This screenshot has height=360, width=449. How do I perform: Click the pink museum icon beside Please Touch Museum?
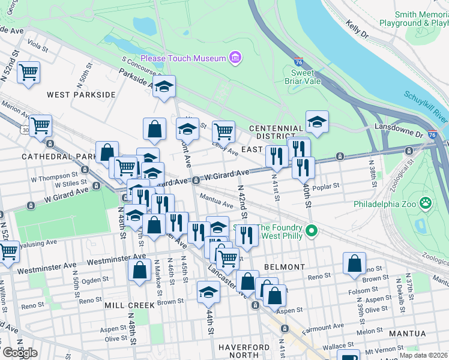(x=234, y=58)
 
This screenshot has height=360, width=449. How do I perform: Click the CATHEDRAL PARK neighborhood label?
(x=55, y=156)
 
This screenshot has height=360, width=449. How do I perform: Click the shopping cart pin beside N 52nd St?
(x=28, y=73)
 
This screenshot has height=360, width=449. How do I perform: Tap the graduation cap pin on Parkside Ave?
(x=164, y=88)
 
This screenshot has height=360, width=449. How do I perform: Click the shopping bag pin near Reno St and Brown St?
(x=355, y=263)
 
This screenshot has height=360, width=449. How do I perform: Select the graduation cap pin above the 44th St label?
(x=209, y=293)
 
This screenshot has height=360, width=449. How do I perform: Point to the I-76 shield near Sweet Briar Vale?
(x=298, y=62)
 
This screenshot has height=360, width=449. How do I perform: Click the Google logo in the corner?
(x=20, y=352)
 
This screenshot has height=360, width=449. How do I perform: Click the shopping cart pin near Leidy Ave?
(x=223, y=131)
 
